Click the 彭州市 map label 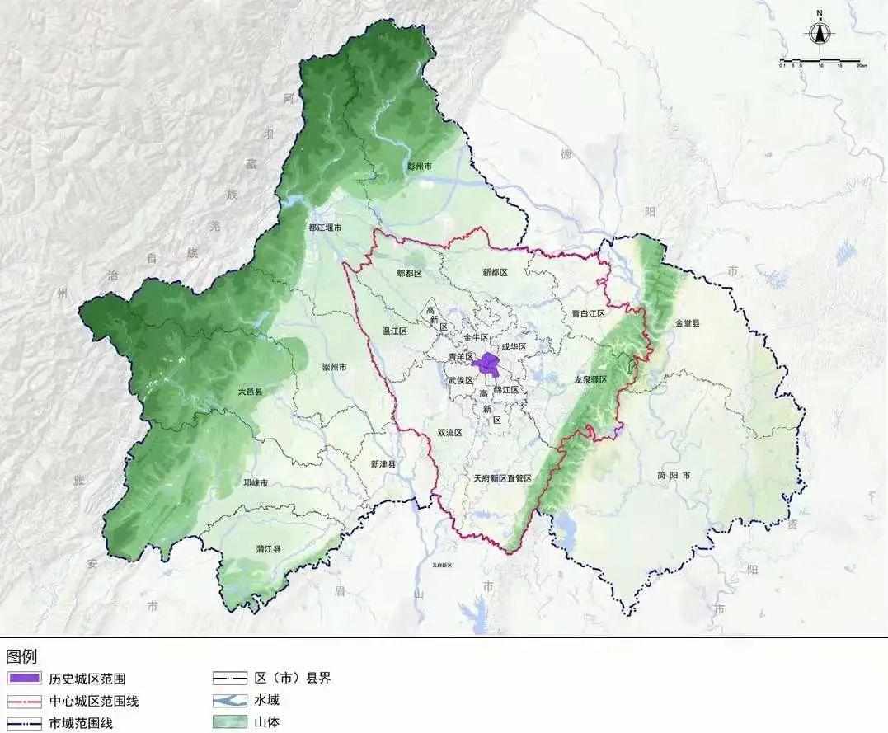[420, 166]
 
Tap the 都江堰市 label [325, 228]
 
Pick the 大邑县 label [250, 392]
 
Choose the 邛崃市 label [255, 482]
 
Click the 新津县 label [383, 464]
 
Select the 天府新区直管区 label [502, 478]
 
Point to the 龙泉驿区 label [590, 379]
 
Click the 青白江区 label [588, 313]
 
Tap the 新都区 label [495, 272]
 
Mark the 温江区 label [395, 331]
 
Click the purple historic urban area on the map [489, 364]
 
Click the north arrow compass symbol [819, 31]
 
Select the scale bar [820, 61]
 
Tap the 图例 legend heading [21, 657]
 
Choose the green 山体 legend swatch [230, 723]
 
